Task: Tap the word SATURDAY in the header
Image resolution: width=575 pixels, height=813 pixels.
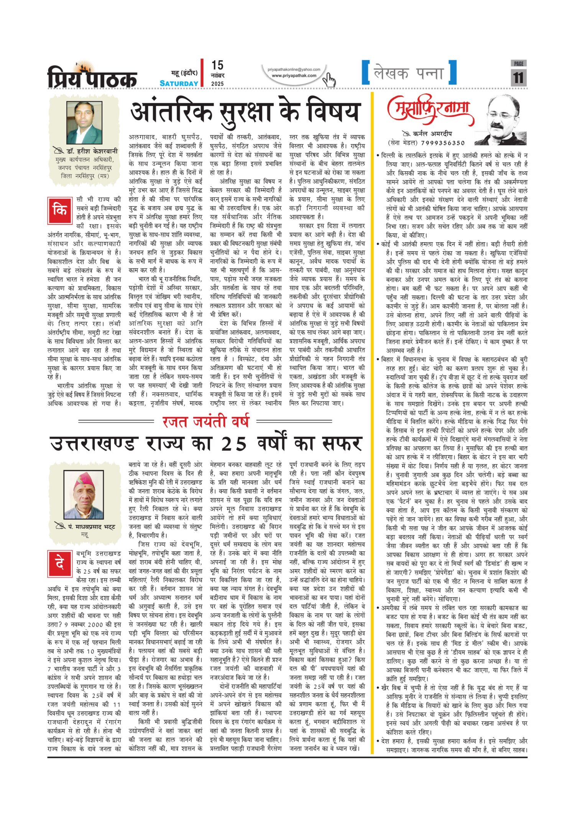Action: pos(179,83)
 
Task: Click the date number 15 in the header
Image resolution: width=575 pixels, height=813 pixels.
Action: pos(217,65)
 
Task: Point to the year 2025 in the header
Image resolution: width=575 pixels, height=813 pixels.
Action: pos(217,84)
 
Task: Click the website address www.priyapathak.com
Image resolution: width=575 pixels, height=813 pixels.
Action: pos(294,75)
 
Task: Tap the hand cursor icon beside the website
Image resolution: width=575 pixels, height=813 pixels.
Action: pos(329,80)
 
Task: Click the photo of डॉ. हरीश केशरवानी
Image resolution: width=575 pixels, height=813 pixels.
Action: pos(84,123)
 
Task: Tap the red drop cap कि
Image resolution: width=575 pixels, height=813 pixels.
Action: pos(60,210)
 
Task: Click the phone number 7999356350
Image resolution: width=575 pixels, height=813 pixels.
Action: pos(443,143)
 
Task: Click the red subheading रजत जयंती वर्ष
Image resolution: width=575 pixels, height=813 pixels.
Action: pos(206,421)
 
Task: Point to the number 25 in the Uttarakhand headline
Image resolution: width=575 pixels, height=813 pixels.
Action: pos(234,444)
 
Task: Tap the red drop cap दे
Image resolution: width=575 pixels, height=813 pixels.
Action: pos(60,564)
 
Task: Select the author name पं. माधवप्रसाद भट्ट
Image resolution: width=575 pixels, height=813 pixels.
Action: pos(92,527)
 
